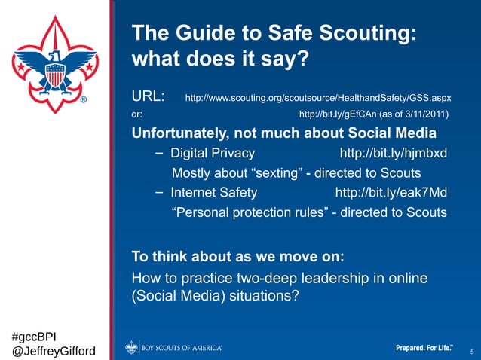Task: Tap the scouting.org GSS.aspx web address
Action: [x=317, y=98]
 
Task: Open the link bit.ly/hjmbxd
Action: [x=394, y=154]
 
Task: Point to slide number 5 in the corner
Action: [x=471, y=352]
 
